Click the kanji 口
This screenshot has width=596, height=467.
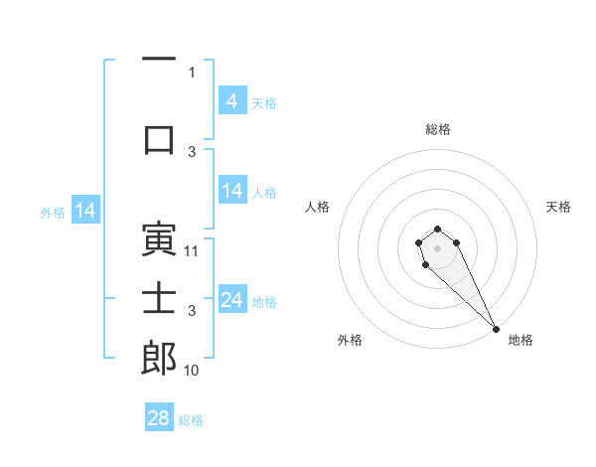159,138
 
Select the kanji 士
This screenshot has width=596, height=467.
159,297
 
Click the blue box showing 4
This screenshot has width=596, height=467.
231,101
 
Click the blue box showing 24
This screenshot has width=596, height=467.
231,300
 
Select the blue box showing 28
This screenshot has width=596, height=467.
159,418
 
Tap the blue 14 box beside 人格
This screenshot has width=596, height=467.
231,191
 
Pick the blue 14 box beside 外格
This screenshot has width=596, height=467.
84,211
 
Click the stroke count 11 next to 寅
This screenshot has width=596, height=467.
192,251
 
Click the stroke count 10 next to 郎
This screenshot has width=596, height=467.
192,371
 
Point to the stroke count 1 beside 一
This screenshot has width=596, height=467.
192,72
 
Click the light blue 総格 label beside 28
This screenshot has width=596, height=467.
191,420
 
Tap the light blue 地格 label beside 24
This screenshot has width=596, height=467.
264,302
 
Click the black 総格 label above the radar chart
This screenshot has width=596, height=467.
437,129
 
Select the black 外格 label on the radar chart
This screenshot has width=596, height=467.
350,341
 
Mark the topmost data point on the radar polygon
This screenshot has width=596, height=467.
437,230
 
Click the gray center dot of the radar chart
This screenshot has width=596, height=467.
437,247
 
